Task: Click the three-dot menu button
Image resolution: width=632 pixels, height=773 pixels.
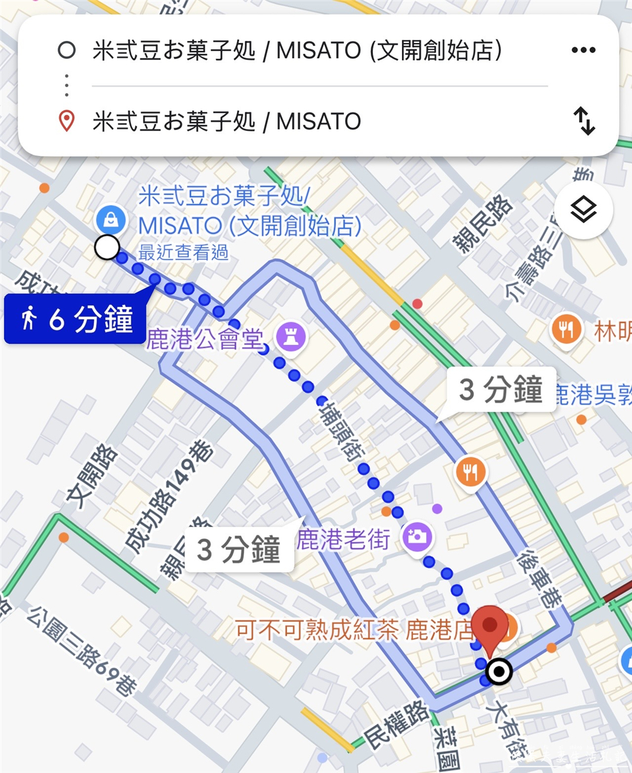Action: [x=583, y=51]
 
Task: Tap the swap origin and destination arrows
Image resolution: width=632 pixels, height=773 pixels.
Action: [x=584, y=121]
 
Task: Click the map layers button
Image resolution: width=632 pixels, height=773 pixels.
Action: [x=583, y=210]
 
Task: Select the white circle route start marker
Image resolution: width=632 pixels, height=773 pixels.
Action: [x=107, y=248]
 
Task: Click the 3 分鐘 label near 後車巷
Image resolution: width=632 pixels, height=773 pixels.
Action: [x=501, y=390]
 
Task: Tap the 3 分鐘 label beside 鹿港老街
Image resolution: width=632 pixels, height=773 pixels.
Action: [x=238, y=550]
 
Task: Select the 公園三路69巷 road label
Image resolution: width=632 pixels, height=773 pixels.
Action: [x=82, y=651]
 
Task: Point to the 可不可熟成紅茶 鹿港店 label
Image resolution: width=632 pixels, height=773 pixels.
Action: [x=354, y=630]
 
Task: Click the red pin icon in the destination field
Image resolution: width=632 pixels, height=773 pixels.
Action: [x=66, y=121]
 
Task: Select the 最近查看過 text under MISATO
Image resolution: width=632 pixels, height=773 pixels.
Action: [x=183, y=253]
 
